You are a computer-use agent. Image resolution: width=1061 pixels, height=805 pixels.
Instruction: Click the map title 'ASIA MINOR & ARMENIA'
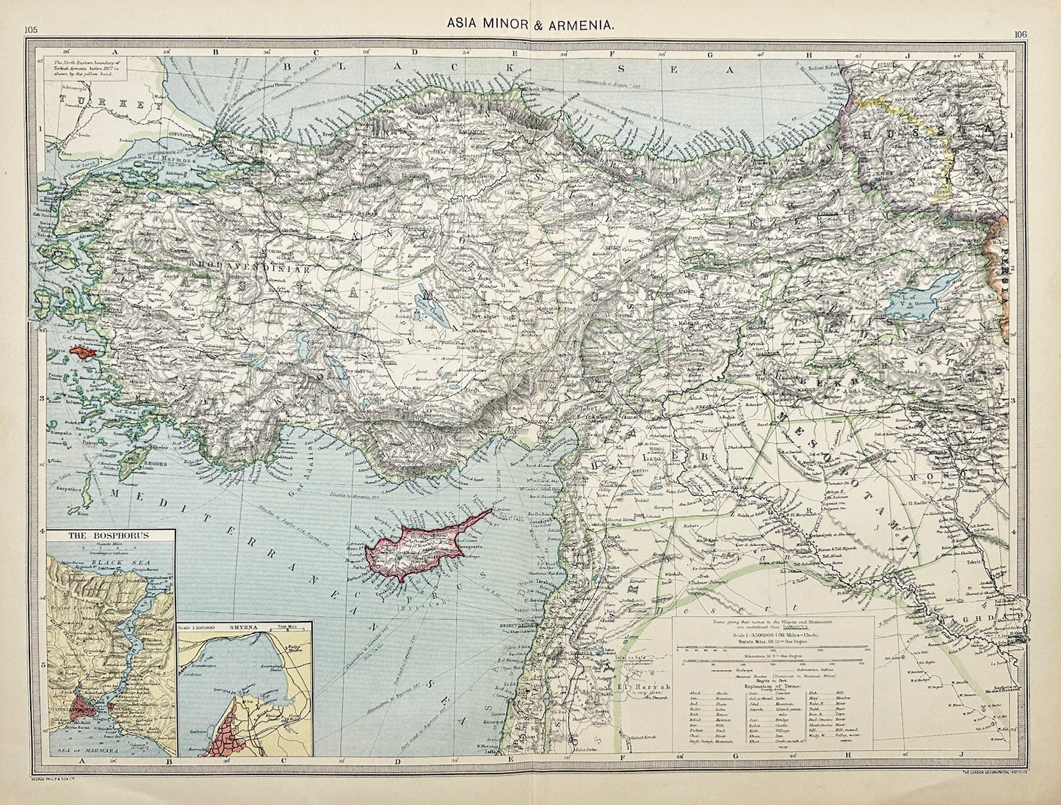[x=531, y=24]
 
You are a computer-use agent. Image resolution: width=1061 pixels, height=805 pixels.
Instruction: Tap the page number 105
[x=31, y=29]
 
